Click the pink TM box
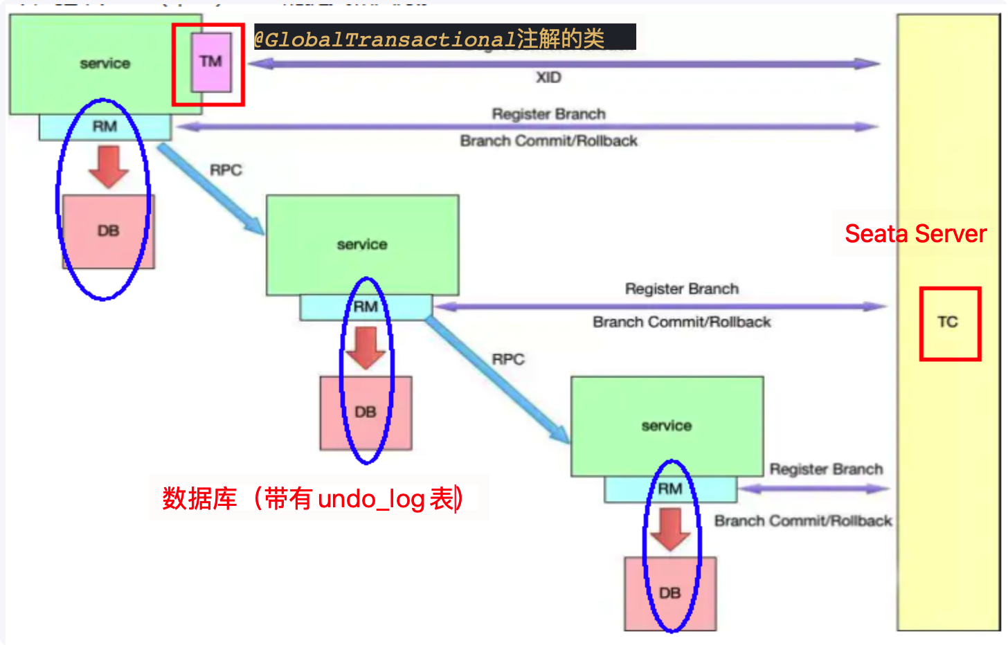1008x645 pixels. pyautogui.click(x=211, y=62)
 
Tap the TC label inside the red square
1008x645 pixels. pyautogui.click(x=948, y=322)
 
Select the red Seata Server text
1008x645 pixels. pyautogui.click(x=915, y=234)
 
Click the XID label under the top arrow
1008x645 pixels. pyautogui.click(x=548, y=78)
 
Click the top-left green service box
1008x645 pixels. pyautogui.click(x=105, y=64)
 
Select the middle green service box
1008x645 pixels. pyautogui.click(x=362, y=244)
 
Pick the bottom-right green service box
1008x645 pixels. pyautogui.click(x=667, y=426)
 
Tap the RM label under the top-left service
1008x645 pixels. pyautogui.click(x=105, y=127)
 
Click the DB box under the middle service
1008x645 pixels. pyautogui.click(x=366, y=412)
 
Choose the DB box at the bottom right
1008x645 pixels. pyautogui.click(x=669, y=593)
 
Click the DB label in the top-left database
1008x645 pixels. pyautogui.click(x=108, y=230)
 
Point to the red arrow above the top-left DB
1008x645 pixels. pyautogui.click(x=109, y=166)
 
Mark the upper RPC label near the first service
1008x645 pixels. pyautogui.click(x=226, y=170)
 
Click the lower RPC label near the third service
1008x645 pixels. pyautogui.click(x=508, y=360)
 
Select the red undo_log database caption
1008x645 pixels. pyautogui.click(x=313, y=498)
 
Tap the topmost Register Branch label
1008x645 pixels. pyautogui.click(x=548, y=114)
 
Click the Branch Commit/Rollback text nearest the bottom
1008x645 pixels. pyautogui.click(x=803, y=521)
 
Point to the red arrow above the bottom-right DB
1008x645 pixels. pyautogui.click(x=670, y=529)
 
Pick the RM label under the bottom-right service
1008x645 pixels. pyautogui.click(x=669, y=489)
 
